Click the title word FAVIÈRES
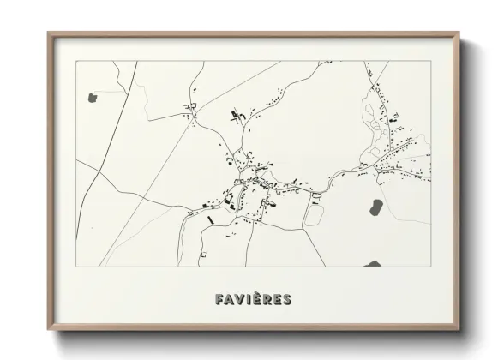[251, 299]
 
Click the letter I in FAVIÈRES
[247, 299]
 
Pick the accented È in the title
[255, 298]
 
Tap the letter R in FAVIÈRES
[267, 299]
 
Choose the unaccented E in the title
[278, 299]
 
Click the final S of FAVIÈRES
[288, 299]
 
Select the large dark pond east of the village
[375, 206]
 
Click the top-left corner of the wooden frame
[49, 33]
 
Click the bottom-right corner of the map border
[430, 267]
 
